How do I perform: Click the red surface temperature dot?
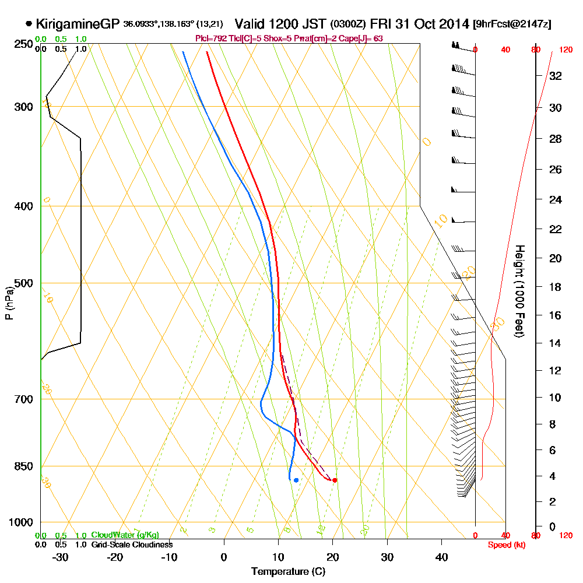click(x=335, y=480)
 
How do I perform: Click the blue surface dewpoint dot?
click(x=296, y=480)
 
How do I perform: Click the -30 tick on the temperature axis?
click(x=61, y=557)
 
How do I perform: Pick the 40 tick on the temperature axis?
click(x=441, y=557)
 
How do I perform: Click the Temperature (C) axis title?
click(x=288, y=572)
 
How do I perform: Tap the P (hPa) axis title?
click(x=9, y=303)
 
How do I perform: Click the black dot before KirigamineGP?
click(x=29, y=24)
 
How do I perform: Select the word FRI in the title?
click(x=383, y=24)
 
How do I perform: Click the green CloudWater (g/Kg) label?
click(x=125, y=535)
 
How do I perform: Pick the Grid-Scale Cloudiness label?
click(x=132, y=545)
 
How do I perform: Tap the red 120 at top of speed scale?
click(x=566, y=50)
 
